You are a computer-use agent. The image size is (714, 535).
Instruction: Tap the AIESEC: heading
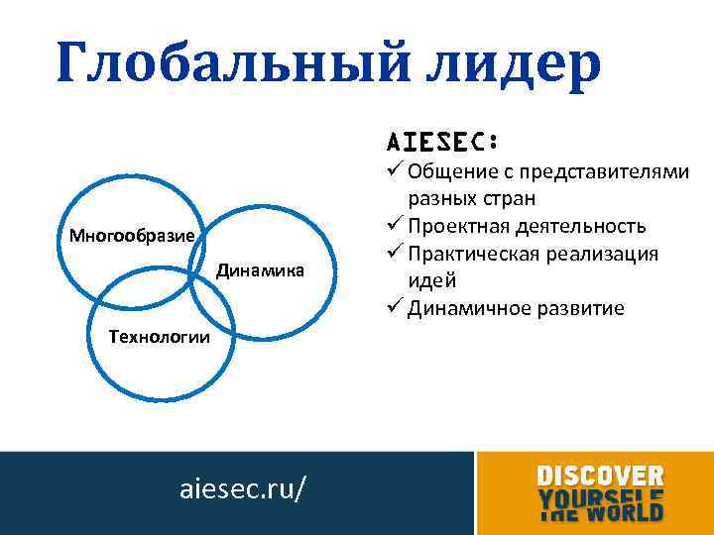441,140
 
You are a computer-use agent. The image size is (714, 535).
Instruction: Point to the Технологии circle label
160,337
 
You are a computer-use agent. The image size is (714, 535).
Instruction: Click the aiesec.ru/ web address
242,489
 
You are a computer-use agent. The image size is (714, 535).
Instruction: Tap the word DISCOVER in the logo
600,477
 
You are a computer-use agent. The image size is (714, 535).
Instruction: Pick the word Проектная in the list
455,226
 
